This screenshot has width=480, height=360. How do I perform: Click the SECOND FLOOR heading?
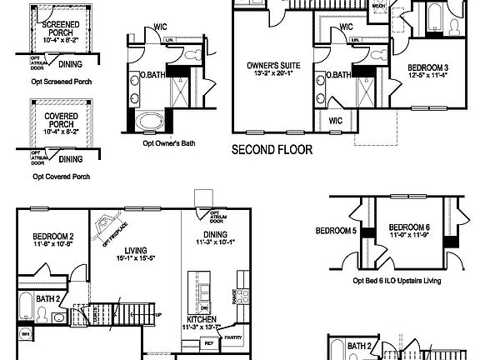coord(272,151)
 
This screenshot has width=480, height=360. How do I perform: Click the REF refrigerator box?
coord(209,342)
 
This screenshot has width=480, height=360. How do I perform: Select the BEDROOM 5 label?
coord(335,230)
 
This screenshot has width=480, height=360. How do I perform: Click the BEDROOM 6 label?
coord(409,227)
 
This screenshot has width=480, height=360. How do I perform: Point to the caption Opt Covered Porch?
coord(61,177)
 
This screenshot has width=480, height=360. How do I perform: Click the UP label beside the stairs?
coord(159,315)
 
